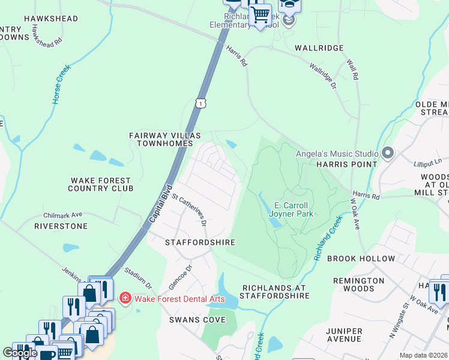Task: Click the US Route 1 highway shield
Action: [200, 103]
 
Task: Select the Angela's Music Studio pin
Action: [387, 154]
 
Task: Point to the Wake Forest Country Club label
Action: [101, 184]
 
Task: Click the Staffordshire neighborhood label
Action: [200, 242]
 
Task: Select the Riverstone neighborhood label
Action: [61, 226]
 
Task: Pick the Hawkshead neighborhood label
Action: [51, 19]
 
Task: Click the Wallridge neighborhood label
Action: [319, 47]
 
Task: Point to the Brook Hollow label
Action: [361, 259]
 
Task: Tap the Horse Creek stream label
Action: [61, 85]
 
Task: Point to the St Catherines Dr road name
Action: [190, 209]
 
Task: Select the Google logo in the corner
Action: [20, 353]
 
